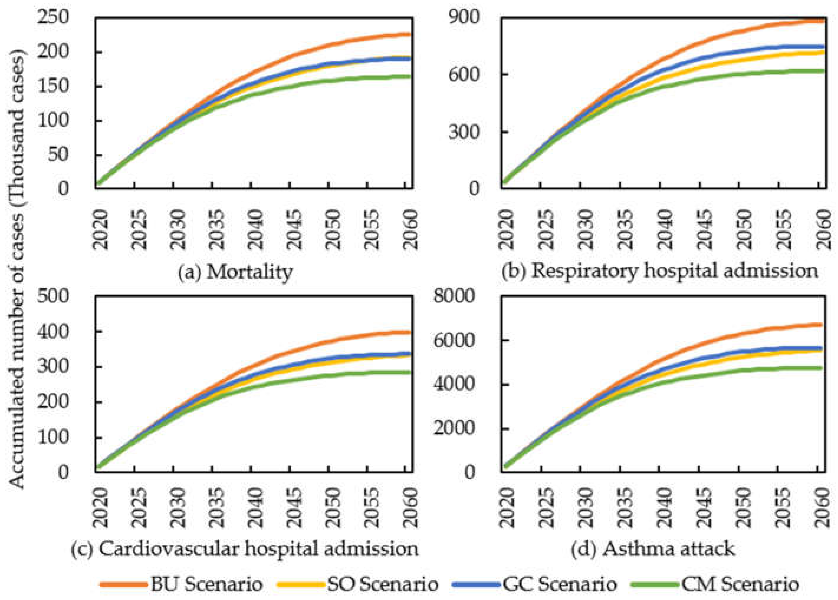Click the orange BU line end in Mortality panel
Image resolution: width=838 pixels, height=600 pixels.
click(x=409, y=34)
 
